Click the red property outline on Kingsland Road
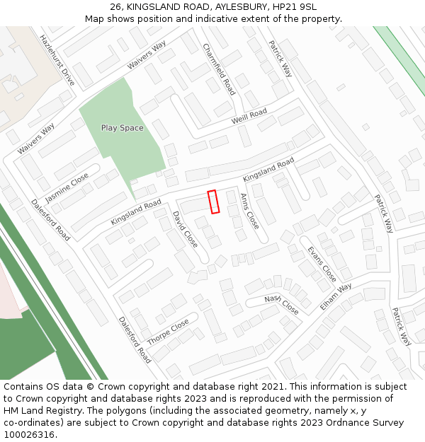(213, 202)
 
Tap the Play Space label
(122, 128)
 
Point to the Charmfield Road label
(219, 69)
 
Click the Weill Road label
(249, 117)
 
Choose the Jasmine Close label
(67, 187)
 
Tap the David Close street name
(186, 228)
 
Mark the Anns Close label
(249, 211)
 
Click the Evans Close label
(322, 264)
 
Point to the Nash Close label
(281, 304)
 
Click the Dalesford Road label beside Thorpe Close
(135, 339)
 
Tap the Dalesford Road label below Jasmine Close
(50, 219)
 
